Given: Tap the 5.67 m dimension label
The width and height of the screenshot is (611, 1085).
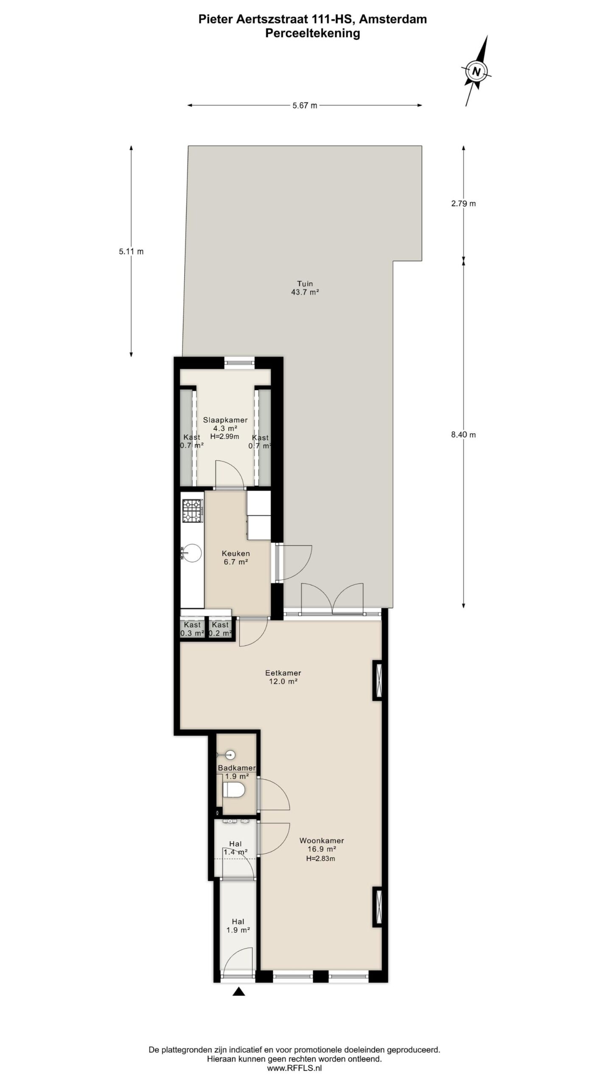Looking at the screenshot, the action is point(305,106).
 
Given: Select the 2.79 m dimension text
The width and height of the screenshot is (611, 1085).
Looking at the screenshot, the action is point(463,203).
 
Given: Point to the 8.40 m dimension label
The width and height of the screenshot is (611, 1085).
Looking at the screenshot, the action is point(463,434).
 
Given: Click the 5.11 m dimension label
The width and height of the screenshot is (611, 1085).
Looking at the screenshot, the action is point(131,251).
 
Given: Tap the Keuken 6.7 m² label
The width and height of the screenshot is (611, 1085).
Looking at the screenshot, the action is point(236,558).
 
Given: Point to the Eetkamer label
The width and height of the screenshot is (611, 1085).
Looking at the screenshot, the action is point(283,673).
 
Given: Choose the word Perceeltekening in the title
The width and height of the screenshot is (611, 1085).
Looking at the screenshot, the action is point(313,33).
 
